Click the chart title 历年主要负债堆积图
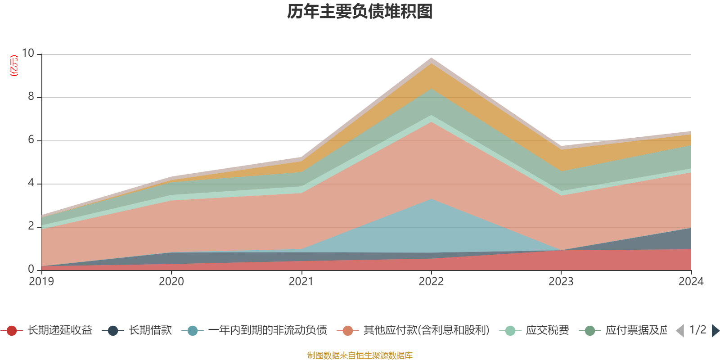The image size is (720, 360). pos(360,12)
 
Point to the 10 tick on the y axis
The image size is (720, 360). pos(28,54)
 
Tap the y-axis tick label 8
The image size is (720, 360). pos(31,96)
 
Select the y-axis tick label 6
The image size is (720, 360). pos(31,139)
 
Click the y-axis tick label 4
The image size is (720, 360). pos(31,183)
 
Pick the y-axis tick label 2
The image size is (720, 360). pos(31,226)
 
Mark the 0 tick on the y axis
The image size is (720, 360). pos(31,269)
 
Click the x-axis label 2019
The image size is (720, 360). pos(41,282)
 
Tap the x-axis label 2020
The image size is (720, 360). pos(171,282)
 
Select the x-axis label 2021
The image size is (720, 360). pos(301,282)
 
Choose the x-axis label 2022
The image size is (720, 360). pos(431,282)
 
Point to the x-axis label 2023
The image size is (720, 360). pos(561,282)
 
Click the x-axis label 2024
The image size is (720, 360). pos(691,282)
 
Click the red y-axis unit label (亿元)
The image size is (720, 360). pos(14,66)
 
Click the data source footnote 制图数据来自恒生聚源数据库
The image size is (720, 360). pos(360,355)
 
